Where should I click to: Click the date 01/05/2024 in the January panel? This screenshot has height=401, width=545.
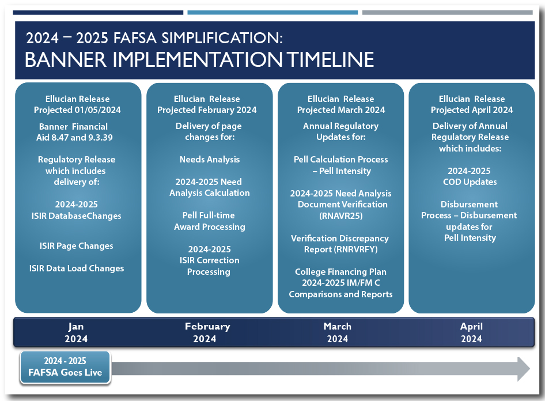click(97, 110)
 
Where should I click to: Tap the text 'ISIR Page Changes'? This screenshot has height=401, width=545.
click(77, 246)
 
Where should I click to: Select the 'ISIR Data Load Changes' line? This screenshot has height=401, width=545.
click(77, 268)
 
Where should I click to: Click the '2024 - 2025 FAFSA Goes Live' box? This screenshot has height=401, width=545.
click(65, 367)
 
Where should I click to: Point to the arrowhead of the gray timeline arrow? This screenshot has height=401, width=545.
click(524, 369)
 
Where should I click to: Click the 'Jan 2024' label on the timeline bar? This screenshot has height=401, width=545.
click(76, 332)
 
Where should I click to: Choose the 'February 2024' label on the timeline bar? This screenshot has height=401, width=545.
click(207, 332)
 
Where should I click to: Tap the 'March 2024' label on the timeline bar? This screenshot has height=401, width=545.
click(338, 332)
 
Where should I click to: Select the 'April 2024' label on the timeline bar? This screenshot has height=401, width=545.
click(471, 332)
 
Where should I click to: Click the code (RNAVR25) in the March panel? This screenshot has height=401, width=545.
click(340, 216)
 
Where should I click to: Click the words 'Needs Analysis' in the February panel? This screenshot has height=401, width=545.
click(210, 160)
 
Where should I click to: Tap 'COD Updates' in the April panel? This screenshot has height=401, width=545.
click(470, 182)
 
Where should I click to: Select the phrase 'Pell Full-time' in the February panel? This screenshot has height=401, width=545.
click(209, 215)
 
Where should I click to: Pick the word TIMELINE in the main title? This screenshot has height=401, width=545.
click(330, 59)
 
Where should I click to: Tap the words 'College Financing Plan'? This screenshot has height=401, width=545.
click(340, 272)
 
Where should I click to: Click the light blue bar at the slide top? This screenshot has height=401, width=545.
click(272, 13)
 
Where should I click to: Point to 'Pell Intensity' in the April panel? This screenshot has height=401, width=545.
click(470, 238)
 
